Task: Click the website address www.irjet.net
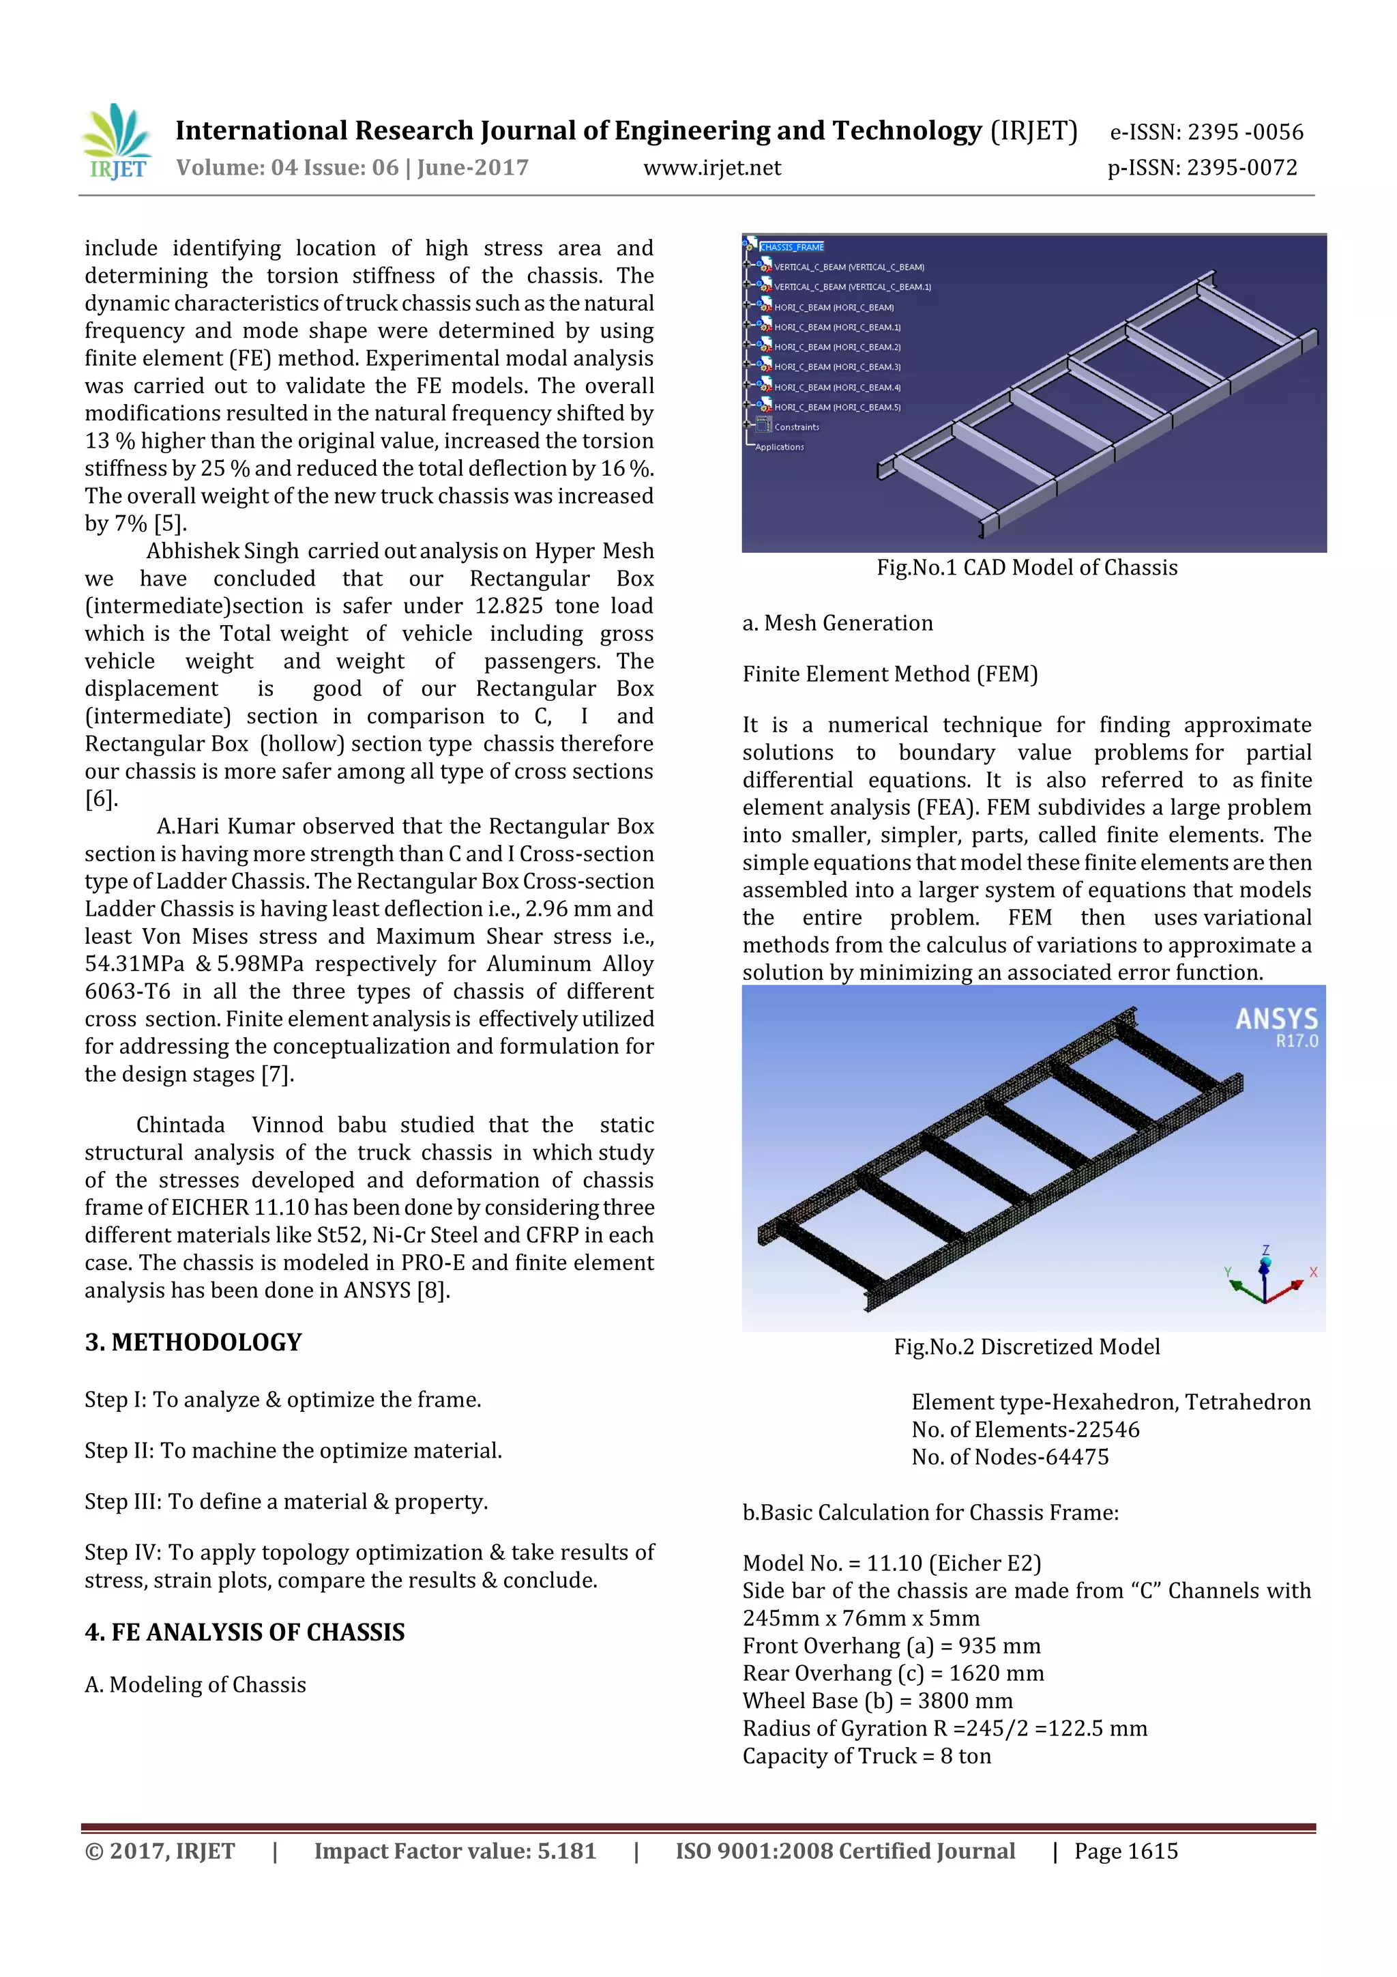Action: (x=712, y=168)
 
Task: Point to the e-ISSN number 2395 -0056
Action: (x=1245, y=132)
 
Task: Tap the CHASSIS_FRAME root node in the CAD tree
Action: (x=791, y=247)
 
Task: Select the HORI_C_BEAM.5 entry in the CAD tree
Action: (x=837, y=407)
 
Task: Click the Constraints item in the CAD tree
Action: (x=796, y=427)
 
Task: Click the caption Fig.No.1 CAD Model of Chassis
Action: (x=1026, y=567)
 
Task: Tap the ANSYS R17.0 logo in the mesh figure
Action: (x=1276, y=1026)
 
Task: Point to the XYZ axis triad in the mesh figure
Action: (x=1265, y=1277)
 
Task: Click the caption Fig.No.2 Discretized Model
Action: (x=1026, y=1346)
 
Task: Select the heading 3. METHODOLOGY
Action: (x=193, y=1342)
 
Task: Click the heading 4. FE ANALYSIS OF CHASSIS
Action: (x=244, y=1632)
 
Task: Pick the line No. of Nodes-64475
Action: (x=1010, y=1457)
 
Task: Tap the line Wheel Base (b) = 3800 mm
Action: (x=877, y=1701)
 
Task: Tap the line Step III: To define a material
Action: (x=286, y=1502)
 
